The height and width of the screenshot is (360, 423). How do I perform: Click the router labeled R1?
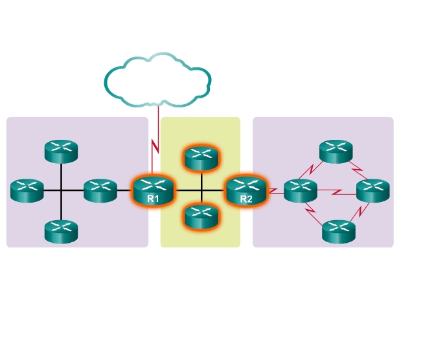(154, 191)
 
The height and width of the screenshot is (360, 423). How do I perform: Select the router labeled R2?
(246, 191)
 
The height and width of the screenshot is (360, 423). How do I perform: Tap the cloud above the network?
(158, 80)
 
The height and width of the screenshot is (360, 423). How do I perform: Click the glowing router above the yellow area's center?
(201, 159)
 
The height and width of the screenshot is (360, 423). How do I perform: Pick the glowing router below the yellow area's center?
(201, 217)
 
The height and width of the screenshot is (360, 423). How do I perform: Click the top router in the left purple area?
(62, 152)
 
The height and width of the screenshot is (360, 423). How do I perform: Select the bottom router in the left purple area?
(62, 232)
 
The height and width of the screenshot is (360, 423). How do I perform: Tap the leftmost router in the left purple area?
(27, 190)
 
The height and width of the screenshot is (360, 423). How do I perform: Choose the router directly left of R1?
(100, 190)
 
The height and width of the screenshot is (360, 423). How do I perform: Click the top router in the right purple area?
(336, 152)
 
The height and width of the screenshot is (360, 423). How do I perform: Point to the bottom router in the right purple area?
(339, 232)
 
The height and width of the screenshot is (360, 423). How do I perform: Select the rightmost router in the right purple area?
(373, 190)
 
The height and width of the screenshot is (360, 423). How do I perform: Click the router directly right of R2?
(301, 190)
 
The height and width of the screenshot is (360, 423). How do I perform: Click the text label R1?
(153, 199)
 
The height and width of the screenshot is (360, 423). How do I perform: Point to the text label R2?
(246, 199)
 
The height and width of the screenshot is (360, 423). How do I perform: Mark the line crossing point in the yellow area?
(201, 190)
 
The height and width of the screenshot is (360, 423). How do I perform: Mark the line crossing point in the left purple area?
(62, 190)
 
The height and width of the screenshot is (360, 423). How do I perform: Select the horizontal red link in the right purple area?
(337, 192)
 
